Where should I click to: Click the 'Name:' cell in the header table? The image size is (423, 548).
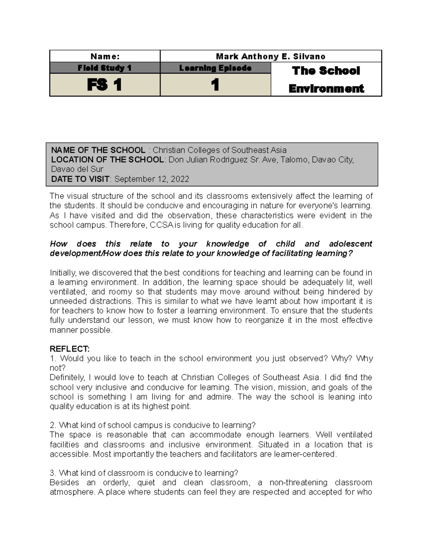pyautogui.click(x=105, y=56)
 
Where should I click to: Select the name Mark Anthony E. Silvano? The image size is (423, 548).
pyautogui.click(x=270, y=56)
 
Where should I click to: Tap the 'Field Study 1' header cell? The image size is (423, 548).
pyautogui.click(x=105, y=68)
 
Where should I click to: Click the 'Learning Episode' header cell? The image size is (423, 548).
pyautogui.click(x=215, y=68)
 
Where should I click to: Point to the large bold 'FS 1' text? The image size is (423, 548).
pyautogui.click(x=105, y=85)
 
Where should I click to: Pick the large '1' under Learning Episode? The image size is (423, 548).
pyautogui.click(x=215, y=85)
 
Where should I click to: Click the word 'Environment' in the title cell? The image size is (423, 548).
pyautogui.click(x=326, y=88)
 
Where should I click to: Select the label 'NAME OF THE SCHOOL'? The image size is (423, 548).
pyautogui.click(x=98, y=150)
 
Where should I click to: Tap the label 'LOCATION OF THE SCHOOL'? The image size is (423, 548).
pyautogui.click(x=108, y=159)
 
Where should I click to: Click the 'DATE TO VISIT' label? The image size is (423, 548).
pyautogui.click(x=80, y=179)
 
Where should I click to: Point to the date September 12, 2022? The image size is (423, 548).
pyautogui.click(x=152, y=179)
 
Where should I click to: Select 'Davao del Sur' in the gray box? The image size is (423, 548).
pyautogui.click(x=77, y=169)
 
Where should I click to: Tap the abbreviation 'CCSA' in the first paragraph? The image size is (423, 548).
pyautogui.click(x=161, y=225)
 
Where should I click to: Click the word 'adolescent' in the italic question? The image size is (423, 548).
pyautogui.click(x=350, y=244)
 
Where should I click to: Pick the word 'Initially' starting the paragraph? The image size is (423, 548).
pyautogui.click(x=63, y=273)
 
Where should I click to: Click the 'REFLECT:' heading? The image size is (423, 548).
pyautogui.click(x=69, y=349)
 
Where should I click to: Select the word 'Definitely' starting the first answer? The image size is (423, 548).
pyautogui.click(x=67, y=378)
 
